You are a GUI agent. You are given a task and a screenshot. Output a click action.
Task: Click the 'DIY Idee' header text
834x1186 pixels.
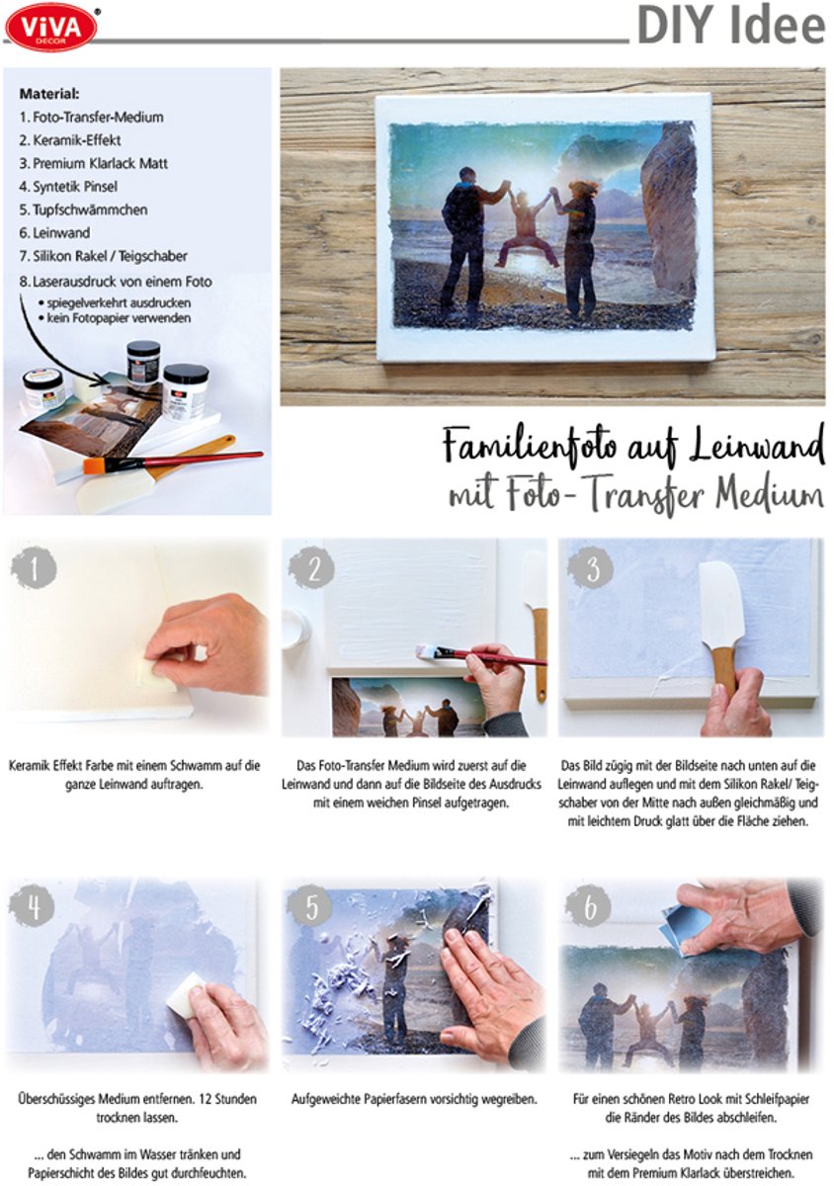coord(730,27)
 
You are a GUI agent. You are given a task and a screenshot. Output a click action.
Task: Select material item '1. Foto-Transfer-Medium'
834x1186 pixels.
coord(91,117)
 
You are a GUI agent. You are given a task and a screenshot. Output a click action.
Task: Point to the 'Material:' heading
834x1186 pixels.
coord(48,94)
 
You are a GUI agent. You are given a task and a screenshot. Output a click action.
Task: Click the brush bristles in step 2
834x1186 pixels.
coord(426,651)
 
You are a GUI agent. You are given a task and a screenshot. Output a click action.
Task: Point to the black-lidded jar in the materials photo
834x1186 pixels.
coord(143,364)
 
